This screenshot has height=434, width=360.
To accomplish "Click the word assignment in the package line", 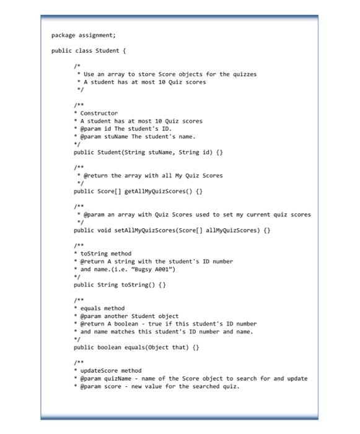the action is (x=95, y=35).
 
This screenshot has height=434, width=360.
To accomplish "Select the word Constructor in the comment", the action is (x=99, y=113).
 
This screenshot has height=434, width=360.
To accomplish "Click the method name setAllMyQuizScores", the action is (x=145, y=230).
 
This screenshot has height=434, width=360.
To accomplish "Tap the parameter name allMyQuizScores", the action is (x=230, y=230).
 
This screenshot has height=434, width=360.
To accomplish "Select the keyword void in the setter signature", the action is (x=103, y=230).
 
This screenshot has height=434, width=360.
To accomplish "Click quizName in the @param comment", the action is (x=121, y=378).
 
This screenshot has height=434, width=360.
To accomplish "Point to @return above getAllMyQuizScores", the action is (x=93, y=175).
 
